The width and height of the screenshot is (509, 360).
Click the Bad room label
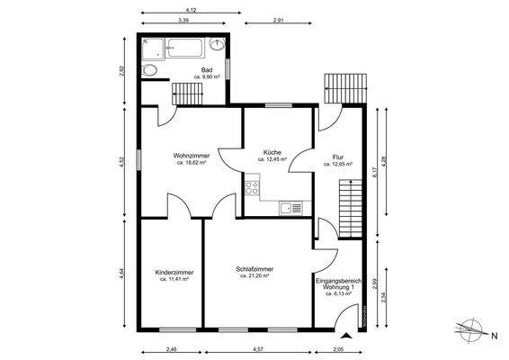click(x=207, y=70)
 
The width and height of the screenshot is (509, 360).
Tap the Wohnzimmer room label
click(x=192, y=156)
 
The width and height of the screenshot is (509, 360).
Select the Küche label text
click(x=272, y=152)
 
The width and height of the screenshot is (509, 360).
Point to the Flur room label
click(x=338, y=157)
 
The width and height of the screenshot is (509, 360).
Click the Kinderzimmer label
click(x=174, y=273)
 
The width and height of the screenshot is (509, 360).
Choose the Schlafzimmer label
click(x=254, y=269)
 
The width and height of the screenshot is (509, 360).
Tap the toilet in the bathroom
click(x=149, y=70)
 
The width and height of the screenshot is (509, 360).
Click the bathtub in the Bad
click(x=184, y=48)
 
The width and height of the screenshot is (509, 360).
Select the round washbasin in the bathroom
click(x=217, y=44)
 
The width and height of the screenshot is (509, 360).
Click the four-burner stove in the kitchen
click(x=252, y=188)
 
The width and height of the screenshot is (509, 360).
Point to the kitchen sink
click(x=290, y=208)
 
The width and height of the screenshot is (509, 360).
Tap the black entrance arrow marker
click(x=346, y=336)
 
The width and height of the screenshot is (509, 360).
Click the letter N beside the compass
click(x=495, y=337)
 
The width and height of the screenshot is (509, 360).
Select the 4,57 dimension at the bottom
click(x=258, y=349)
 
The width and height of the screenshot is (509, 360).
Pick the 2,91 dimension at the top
click(x=278, y=20)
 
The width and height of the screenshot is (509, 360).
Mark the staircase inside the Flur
click(x=350, y=208)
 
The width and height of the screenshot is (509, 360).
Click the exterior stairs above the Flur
click(x=345, y=88)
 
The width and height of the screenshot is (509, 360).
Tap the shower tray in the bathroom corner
click(x=153, y=49)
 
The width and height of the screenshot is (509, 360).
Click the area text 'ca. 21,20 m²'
click(x=254, y=275)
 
